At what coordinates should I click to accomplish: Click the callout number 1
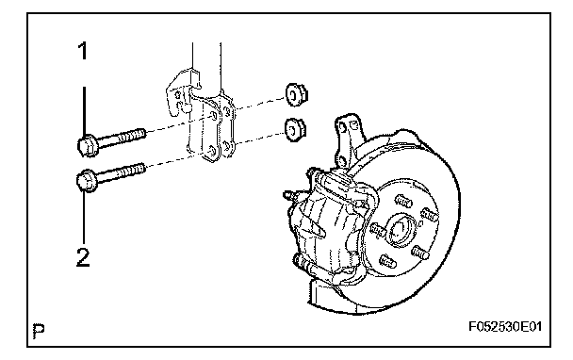[x=84, y=51]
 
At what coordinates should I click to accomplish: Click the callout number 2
[x=83, y=257]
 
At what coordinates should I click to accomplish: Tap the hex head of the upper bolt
[x=87, y=146]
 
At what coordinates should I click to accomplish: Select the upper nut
[x=296, y=95]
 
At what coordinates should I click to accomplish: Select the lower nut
[x=295, y=130]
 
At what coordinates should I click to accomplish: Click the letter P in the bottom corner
[x=39, y=330]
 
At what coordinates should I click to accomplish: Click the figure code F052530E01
[x=505, y=326]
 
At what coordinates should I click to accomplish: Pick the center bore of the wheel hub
[x=401, y=230]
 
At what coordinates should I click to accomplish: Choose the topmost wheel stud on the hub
[x=403, y=201]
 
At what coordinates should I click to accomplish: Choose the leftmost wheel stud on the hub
[x=378, y=230]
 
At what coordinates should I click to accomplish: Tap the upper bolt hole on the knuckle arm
[x=342, y=127]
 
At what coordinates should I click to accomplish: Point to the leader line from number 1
[x=84, y=111]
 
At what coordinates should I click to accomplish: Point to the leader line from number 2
[x=85, y=217]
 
